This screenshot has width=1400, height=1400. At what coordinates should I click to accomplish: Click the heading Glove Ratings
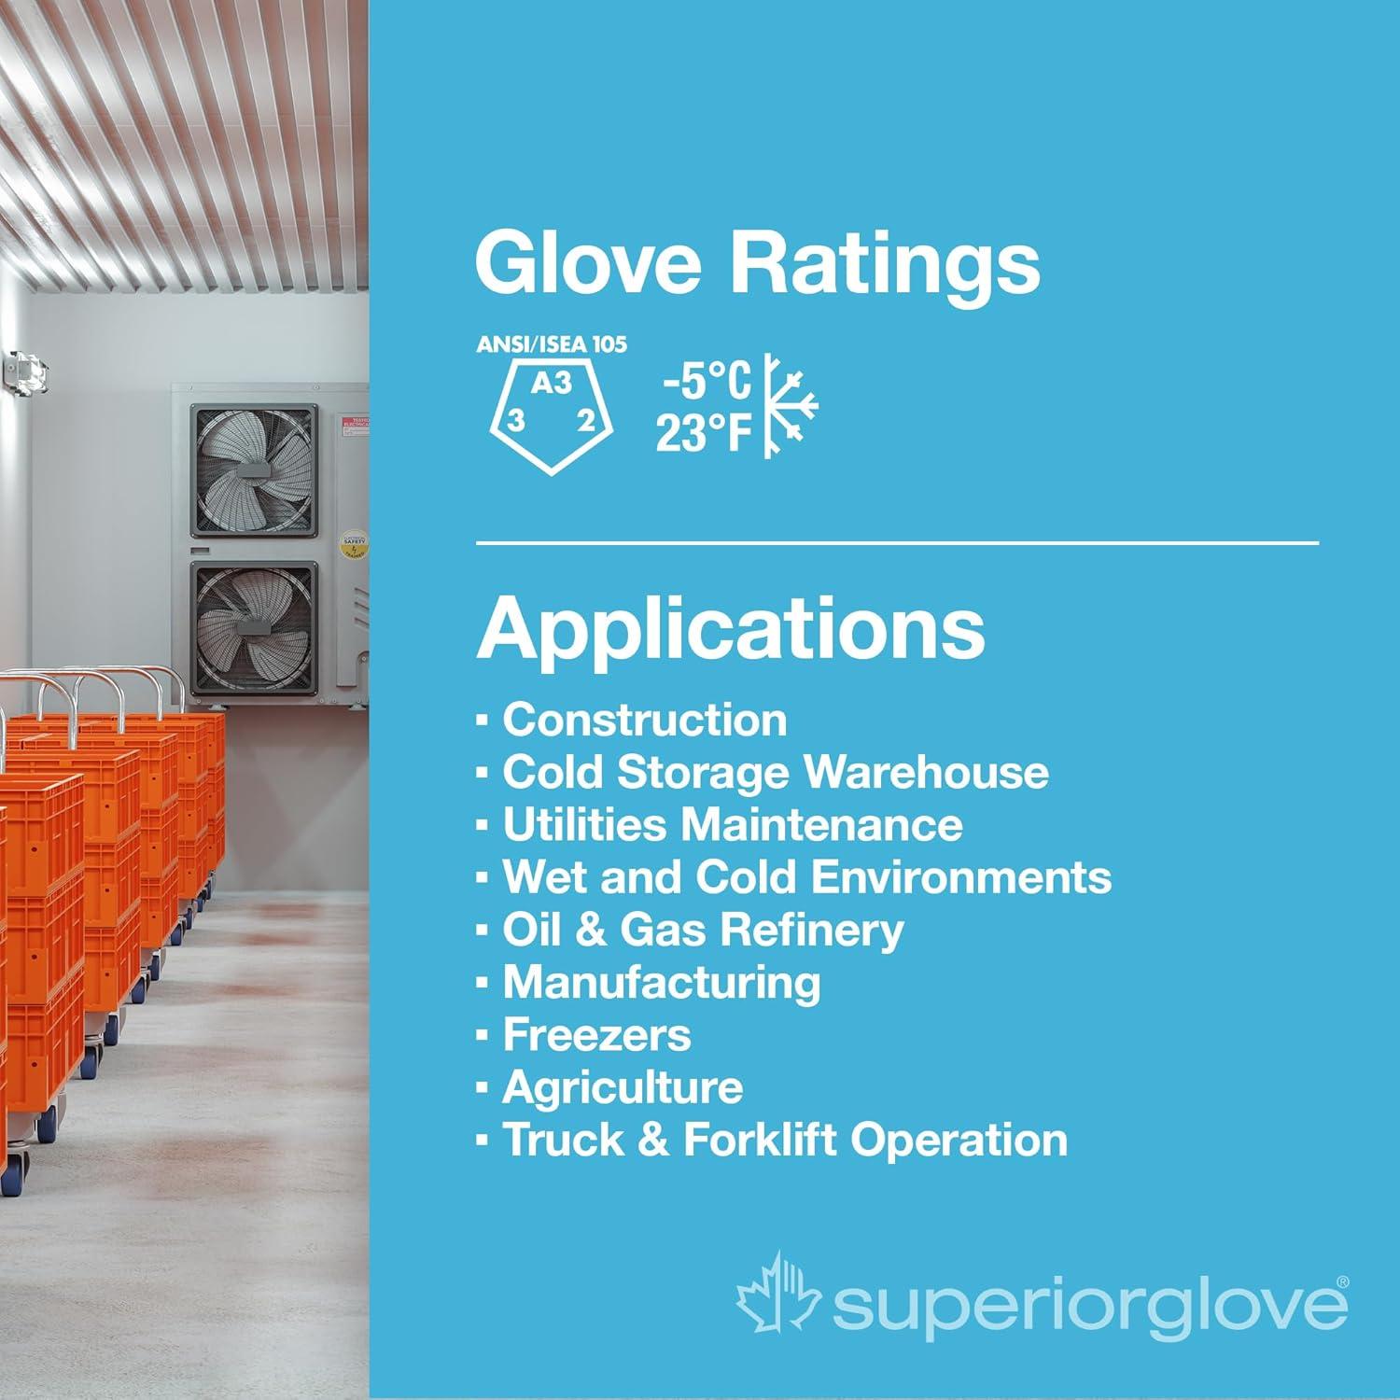(x=757, y=263)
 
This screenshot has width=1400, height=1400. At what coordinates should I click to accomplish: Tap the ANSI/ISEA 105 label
(x=552, y=344)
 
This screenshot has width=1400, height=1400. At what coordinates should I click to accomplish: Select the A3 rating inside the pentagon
(x=551, y=383)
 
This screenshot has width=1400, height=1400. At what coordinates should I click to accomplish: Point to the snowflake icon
(x=790, y=406)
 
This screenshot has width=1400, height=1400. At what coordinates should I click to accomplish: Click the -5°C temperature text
(x=706, y=381)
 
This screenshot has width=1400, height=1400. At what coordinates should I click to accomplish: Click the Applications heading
(x=731, y=627)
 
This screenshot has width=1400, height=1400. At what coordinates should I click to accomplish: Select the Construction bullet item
(x=644, y=721)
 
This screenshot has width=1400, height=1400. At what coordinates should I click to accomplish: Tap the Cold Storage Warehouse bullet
(x=775, y=773)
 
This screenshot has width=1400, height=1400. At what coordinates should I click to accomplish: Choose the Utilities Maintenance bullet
(x=732, y=825)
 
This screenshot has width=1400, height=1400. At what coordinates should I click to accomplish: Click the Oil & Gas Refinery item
(x=703, y=930)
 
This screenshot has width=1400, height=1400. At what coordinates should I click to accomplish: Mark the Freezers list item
(x=596, y=1035)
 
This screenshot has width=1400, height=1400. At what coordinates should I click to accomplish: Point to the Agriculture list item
(x=623, y=1087)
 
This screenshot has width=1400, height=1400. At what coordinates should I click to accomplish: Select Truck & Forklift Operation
(x=784, y=1140)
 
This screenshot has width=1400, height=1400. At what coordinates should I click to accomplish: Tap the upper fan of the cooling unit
(x=254, y=470)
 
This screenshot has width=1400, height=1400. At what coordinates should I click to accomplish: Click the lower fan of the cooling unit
(x=254, y=627)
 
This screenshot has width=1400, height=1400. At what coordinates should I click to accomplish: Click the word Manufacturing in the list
(x=662, y=982)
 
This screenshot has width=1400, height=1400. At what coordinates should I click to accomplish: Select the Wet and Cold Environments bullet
(x=806, y=877)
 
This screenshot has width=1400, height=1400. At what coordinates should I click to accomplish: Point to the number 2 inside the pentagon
(x=585, y=421)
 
